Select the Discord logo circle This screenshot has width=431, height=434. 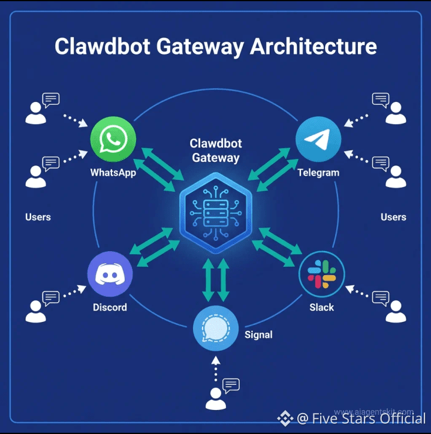[110, 275]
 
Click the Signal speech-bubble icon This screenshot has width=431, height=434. [216, 328]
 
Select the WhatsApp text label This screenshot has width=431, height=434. [113, 173]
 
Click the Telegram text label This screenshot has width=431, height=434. [318, 173]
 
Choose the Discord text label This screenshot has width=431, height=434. [110, 308]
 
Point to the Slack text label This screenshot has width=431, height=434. [321, 308]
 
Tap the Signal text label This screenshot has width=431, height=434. [258, 334]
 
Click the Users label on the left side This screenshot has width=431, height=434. [38, 217]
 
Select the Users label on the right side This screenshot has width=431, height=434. [393, 217]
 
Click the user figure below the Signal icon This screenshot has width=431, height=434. [216, 398]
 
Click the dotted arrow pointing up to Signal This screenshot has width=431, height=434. [216, 368]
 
